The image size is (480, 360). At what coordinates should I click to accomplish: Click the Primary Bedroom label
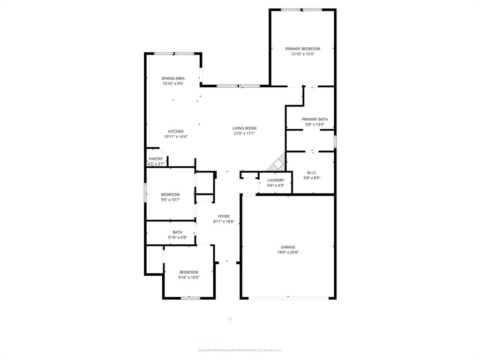302,49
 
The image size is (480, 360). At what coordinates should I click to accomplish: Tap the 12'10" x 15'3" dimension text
302,54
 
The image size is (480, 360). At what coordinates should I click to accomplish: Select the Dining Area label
173,78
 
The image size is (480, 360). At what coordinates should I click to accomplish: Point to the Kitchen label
176,131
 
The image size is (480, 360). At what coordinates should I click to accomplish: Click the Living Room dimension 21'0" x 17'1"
244,133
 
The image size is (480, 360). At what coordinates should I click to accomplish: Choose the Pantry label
156,159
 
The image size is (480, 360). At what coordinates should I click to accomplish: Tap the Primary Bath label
315,119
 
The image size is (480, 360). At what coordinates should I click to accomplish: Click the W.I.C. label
312,172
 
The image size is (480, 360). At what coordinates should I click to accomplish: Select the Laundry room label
276,180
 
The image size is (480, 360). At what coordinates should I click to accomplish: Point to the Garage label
288,247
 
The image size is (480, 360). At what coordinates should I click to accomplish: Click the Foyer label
224,216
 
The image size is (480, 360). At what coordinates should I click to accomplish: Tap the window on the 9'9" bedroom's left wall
145,193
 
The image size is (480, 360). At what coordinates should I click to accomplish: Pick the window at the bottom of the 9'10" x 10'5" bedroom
190,298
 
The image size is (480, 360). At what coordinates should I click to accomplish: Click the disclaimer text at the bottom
240,350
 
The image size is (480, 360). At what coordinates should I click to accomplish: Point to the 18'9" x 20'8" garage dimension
288,252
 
